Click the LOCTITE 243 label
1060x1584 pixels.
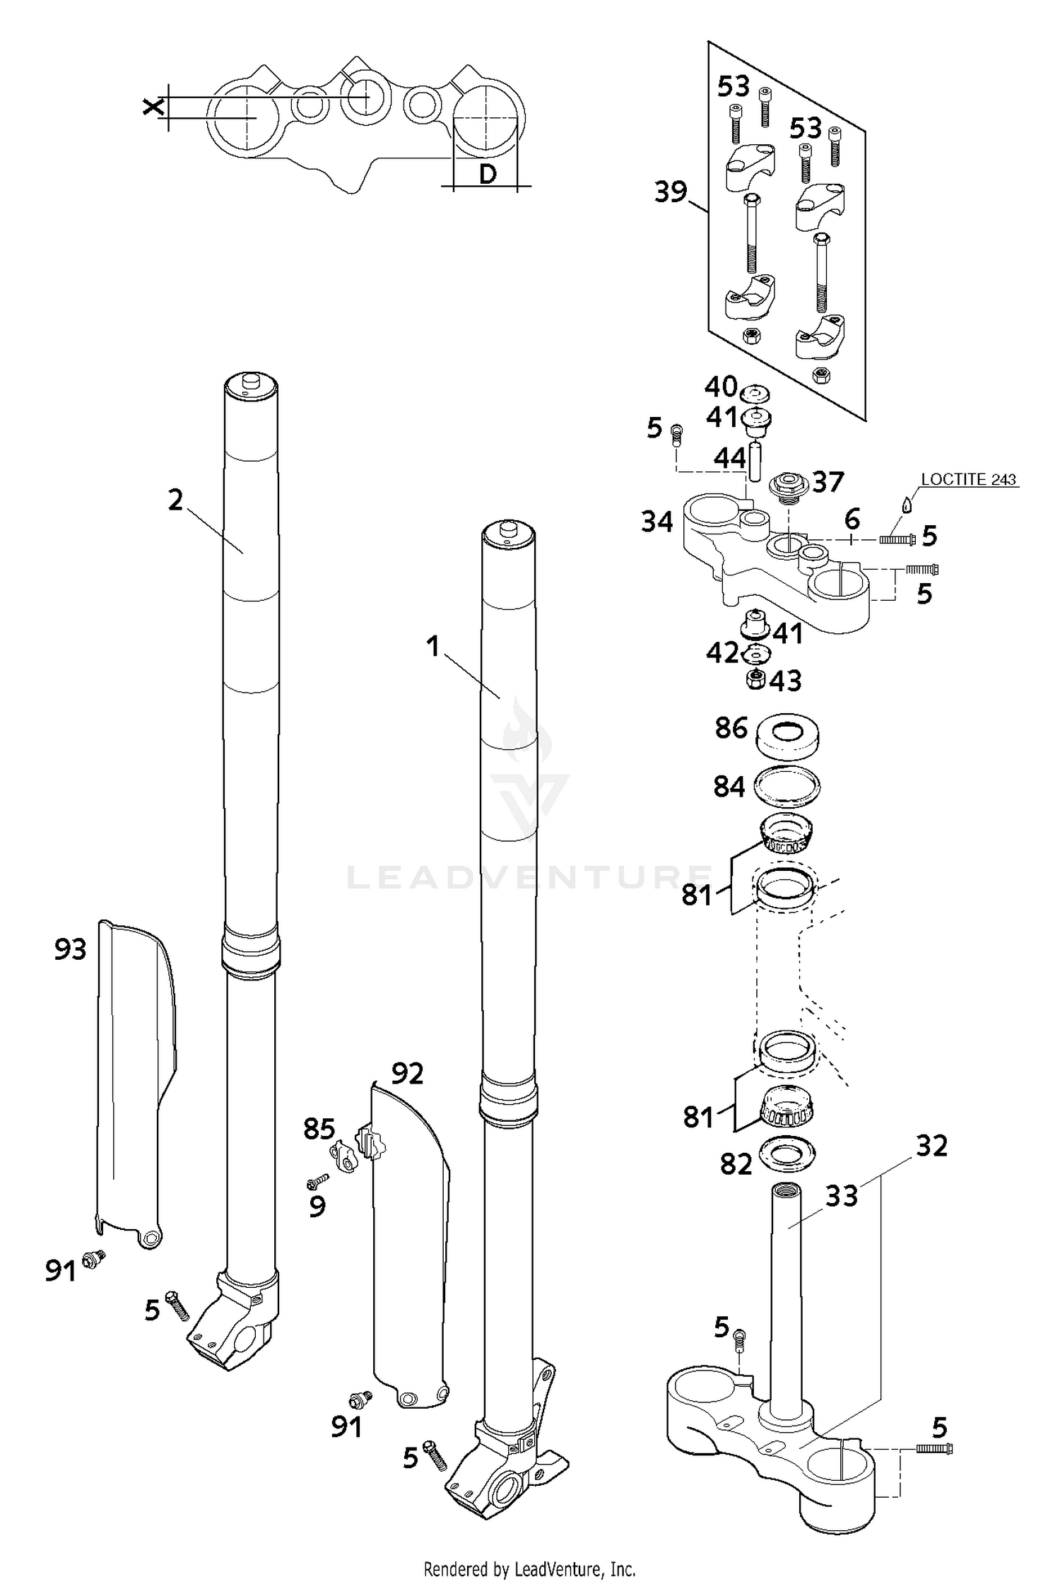coord(968,479)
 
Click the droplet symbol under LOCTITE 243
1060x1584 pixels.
coord(907,505)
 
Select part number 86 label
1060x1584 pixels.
coord(731,727)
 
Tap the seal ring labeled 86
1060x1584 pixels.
coord(787,736)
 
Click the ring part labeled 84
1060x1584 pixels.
coord(787,785)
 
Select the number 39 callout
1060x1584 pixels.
coord(671,192)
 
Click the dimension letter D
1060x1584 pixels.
coord(487,173)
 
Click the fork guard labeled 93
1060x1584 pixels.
coord(134,1081)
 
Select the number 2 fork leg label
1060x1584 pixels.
coord(175,500)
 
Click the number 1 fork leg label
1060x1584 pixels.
coord(433,646)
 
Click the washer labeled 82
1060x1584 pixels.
coord(785,1152)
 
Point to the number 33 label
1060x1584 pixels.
coord(841,1196)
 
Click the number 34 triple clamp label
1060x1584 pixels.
coord(656,522)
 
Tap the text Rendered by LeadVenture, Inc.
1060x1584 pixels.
coord(529,1550)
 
